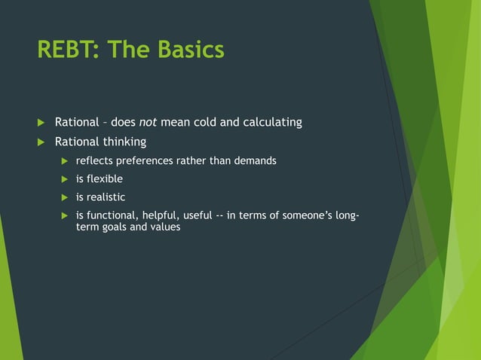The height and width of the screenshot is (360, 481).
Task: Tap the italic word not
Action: pyautogui.click(x=149, y=122)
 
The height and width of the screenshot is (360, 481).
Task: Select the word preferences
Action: pyautogui.click(x=151, y=160)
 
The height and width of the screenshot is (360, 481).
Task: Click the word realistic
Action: pyautogui.click(x=105, y=198)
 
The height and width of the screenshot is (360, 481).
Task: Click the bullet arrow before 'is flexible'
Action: pyautogui.click(x=64, y=179)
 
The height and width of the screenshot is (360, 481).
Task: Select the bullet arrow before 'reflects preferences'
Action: pyautogui.click(x=64, y=160)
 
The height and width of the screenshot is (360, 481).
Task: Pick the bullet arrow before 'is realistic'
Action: pyautogui.click(x=64, y=198)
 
